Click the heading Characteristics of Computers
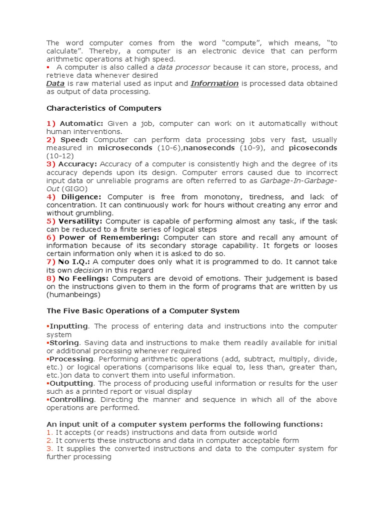click(x=104, y=108)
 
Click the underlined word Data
click(x=55, y=84)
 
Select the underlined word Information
click(x=214, y=84)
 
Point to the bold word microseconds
click(x=125, y=148)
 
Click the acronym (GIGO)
click(x=74, y=189)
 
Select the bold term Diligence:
click(x=81, y=197)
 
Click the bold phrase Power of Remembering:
click(x=109, y=237)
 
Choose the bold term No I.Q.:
click(x=74, y=262)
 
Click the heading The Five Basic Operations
click(x=143, y=311)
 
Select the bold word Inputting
click(x=69, y=326)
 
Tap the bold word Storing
click(x=64, y=343)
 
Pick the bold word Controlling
click(x=71, y=399)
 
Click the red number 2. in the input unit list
click(x=49, y=440)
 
